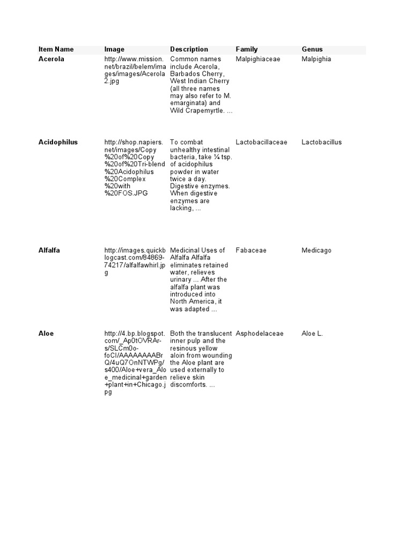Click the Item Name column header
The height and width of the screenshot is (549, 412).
[x=56, y=49]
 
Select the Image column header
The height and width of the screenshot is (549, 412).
[x=114, y=49]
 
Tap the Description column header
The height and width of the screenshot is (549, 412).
[x=189, y=49]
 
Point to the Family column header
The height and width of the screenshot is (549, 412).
[x=247, y=49]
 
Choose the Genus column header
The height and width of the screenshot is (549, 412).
[x=312, y=49]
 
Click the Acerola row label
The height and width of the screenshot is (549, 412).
[x=51, y=59]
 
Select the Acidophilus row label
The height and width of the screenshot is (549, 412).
[x=58, y=142]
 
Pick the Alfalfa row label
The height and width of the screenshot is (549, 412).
[x=49, y=250]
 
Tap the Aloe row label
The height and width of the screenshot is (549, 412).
[x=46, y=333]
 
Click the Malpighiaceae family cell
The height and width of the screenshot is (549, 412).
[x=258, y=59]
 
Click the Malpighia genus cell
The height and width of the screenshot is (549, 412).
[x=317, y=59]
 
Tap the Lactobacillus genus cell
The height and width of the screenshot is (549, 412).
[x=321, y=142]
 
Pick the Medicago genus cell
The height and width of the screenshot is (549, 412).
[x=317, y=250]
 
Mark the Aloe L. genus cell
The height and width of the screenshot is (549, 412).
[x=312, y=333]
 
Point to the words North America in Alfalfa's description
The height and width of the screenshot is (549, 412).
[x=192, y=301]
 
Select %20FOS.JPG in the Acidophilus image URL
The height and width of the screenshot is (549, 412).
[x=126, y=194]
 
